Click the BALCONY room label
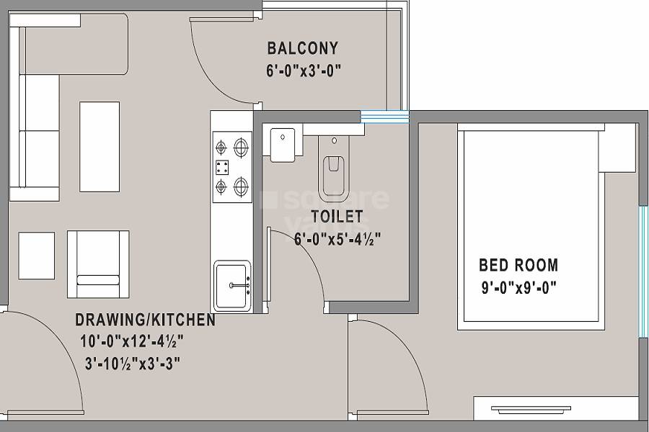click(x=302, y=49)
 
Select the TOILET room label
click(x=337, y=216)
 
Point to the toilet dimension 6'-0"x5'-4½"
click(x=337, y=238)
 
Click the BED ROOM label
click(x=518, y=265)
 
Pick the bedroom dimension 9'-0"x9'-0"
click(x=519, y=288)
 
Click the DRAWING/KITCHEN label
click(x=145, y=320)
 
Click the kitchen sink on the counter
click(x=231, y=286)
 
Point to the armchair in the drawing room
click(x=98, y=264)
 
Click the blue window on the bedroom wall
click(x=642, y=272)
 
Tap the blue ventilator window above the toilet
click(x=384, y=116)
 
